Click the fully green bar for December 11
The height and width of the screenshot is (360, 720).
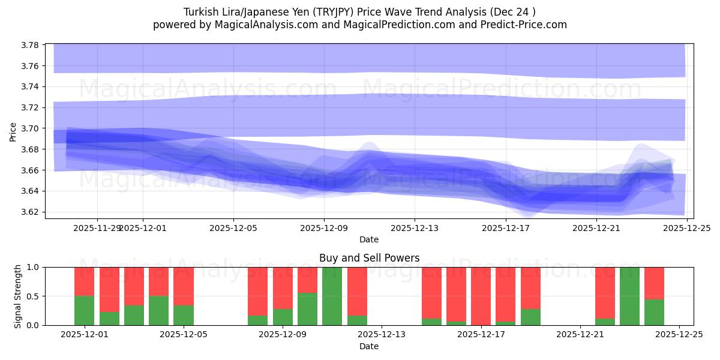coord(332,296)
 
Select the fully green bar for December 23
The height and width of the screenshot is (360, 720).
coord(629,296)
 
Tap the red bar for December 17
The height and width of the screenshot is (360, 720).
coord(481,296)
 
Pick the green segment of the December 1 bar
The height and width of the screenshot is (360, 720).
coord(84,310)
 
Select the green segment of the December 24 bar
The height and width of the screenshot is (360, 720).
coord(654,312)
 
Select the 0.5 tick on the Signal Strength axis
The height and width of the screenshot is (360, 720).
coord(33,296)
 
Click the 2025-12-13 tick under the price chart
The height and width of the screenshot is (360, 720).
coord(415,228)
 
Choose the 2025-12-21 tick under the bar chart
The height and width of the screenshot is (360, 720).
coord(580,334)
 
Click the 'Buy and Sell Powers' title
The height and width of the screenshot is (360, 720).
coord(369,259)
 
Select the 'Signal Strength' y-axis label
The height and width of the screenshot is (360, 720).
coord(18,296)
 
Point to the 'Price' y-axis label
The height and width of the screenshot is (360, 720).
coord(13,131)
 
